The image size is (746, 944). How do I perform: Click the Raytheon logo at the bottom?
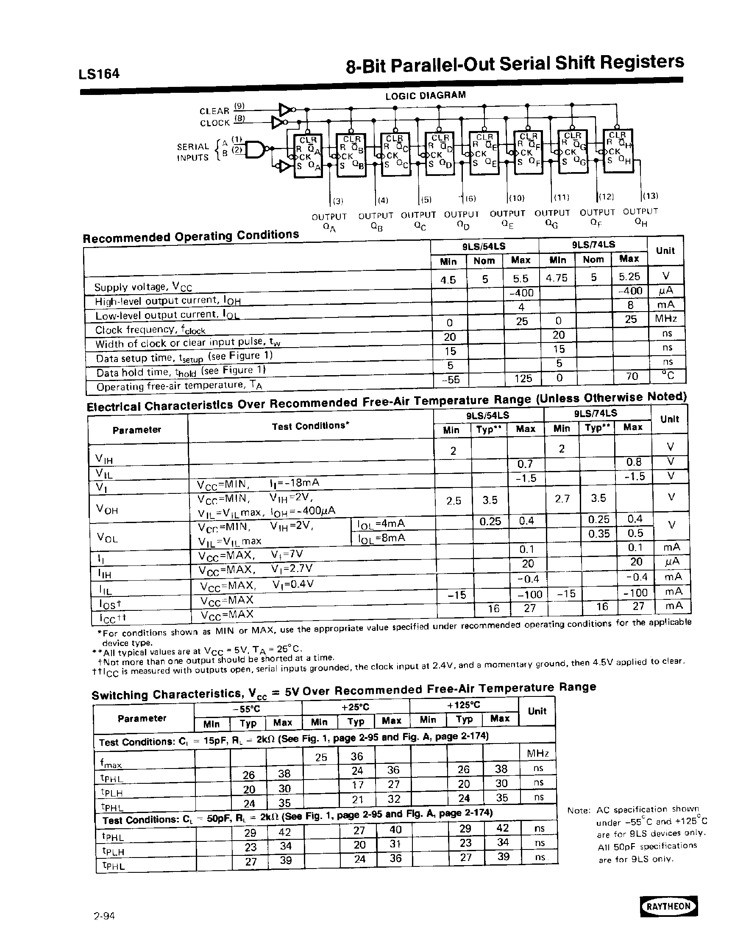point(669,906)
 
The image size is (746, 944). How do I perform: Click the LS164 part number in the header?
point(99,73)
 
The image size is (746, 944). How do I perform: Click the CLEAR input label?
point(214,111)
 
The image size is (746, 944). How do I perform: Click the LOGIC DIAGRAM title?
point(426,95)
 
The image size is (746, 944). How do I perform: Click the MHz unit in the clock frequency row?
point(665,318)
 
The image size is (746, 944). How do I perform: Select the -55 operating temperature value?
point(451,379)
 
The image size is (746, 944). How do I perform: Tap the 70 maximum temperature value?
point(632,376)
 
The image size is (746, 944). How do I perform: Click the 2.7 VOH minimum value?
point(562,498)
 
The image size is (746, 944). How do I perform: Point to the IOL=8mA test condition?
point(381,538)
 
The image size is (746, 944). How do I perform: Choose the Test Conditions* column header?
point(310,426)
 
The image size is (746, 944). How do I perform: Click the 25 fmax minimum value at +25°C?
point(321,757)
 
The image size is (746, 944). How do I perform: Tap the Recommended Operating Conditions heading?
point(191,237)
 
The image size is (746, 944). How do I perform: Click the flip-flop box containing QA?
point(308,156)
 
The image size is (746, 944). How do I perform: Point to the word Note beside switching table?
point(579,811)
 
